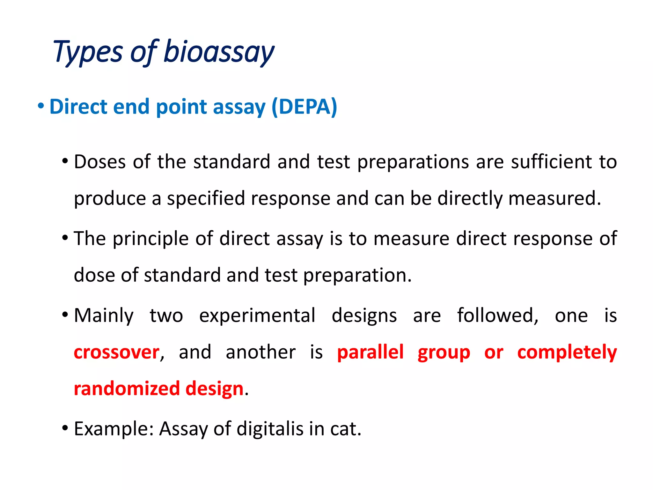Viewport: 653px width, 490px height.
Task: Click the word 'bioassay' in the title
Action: (x=219, y=52)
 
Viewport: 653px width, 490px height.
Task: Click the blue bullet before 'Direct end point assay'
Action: (x=40, y=106)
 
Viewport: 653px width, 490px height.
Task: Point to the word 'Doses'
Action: (x=100, y=162)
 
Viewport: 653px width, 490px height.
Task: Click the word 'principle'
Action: (x=150, y=239)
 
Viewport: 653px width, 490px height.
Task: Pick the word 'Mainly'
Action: (x=104, y=316)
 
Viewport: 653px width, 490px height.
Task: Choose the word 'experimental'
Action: (x=257, y=316)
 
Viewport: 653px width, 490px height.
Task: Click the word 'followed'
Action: (x=498, y=316)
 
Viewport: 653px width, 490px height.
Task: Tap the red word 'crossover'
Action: (x=117, y=353)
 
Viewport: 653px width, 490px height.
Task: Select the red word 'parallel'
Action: (x=371, y=353)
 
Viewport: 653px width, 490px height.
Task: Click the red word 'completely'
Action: (x=567, y=353)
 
